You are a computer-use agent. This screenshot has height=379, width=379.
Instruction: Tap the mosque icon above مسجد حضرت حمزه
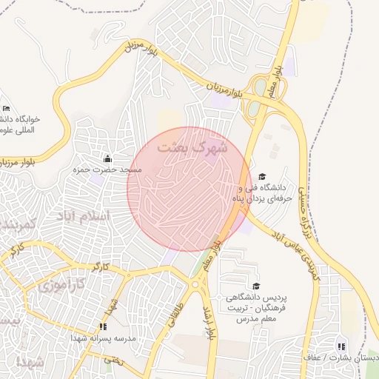point(108,158)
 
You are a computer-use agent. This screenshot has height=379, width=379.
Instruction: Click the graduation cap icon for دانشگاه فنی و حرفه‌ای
point(262,176)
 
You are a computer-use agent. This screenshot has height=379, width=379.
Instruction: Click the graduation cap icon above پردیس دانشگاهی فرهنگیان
point(256,286)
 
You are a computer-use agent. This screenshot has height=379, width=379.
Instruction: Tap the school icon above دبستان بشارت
point(341,346)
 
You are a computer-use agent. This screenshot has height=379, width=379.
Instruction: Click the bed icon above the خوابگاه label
point(7,109)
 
